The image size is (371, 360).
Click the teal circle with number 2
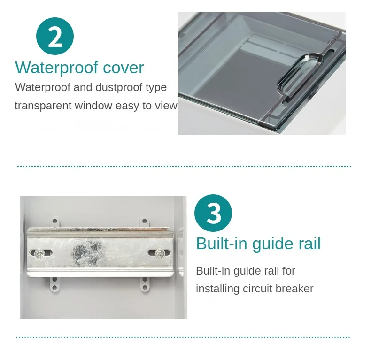[55, 37]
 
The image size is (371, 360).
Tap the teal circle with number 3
[213, 213]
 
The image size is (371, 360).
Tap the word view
[166, 106]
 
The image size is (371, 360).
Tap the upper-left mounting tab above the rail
[54, 221]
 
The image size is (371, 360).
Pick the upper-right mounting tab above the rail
[144, 221]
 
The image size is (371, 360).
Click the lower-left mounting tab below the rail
[54, 283]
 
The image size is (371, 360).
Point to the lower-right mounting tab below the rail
[144, 283]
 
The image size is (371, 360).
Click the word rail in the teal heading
[308, 244]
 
